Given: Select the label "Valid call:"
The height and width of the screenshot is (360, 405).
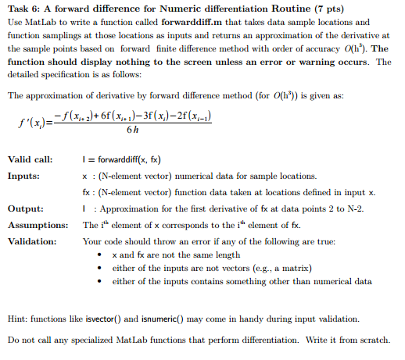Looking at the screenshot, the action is coord(30,159).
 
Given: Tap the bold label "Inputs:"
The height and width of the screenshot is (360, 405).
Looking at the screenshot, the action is coord(24,176).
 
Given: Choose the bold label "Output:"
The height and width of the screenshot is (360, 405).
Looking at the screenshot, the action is coord(25,209).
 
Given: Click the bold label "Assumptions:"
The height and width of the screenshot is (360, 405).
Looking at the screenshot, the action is coord(35,225).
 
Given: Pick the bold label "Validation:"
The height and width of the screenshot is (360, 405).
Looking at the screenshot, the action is coord(32,241).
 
